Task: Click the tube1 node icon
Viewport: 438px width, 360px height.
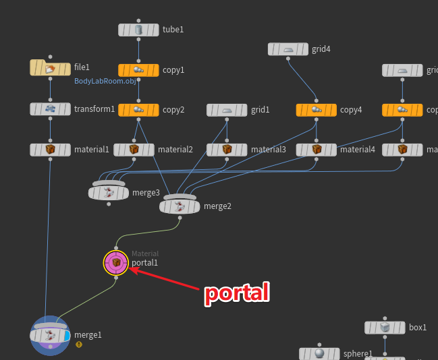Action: point(138,30)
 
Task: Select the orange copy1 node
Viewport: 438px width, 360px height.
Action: point(138,70)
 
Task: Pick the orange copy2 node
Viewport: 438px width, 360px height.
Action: point(138,109)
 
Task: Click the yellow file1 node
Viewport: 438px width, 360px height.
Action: point(50,67)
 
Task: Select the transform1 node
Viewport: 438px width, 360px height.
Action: point(50,109)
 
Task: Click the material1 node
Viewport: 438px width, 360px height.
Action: point(50,150)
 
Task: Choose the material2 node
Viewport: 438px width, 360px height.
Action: point(134,150)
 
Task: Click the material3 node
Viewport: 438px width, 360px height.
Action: point(227,150)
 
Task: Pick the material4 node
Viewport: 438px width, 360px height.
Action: point(316,150)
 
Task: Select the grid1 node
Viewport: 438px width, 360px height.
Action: point(227,109)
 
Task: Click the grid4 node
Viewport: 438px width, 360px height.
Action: point(288,49)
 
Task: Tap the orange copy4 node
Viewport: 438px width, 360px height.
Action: point(316,109)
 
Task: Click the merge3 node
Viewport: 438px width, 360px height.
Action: point(109,193)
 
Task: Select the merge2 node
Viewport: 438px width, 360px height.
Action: point(180,206)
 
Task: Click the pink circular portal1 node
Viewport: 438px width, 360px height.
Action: point(116,263)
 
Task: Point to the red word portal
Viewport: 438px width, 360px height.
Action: point(237,293)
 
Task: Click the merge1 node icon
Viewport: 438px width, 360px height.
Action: point(50,335)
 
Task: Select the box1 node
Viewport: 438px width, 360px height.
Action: point(385,328)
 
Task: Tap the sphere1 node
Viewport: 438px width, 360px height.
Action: point(319,353)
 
